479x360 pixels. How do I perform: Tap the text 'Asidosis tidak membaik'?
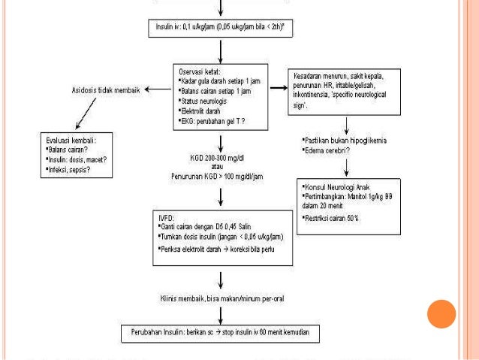pos(105,89)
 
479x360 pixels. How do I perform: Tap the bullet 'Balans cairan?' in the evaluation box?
pos(71,150)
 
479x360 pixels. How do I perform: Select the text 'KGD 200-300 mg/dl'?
pos(220,159)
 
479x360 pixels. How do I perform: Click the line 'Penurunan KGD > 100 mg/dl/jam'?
pos(220,177)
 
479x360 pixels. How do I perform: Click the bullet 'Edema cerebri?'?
pos(327,150)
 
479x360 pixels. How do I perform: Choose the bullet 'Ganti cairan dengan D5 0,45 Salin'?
pos(214,226)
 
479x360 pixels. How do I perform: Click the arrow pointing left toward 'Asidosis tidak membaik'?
pos(157,89)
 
